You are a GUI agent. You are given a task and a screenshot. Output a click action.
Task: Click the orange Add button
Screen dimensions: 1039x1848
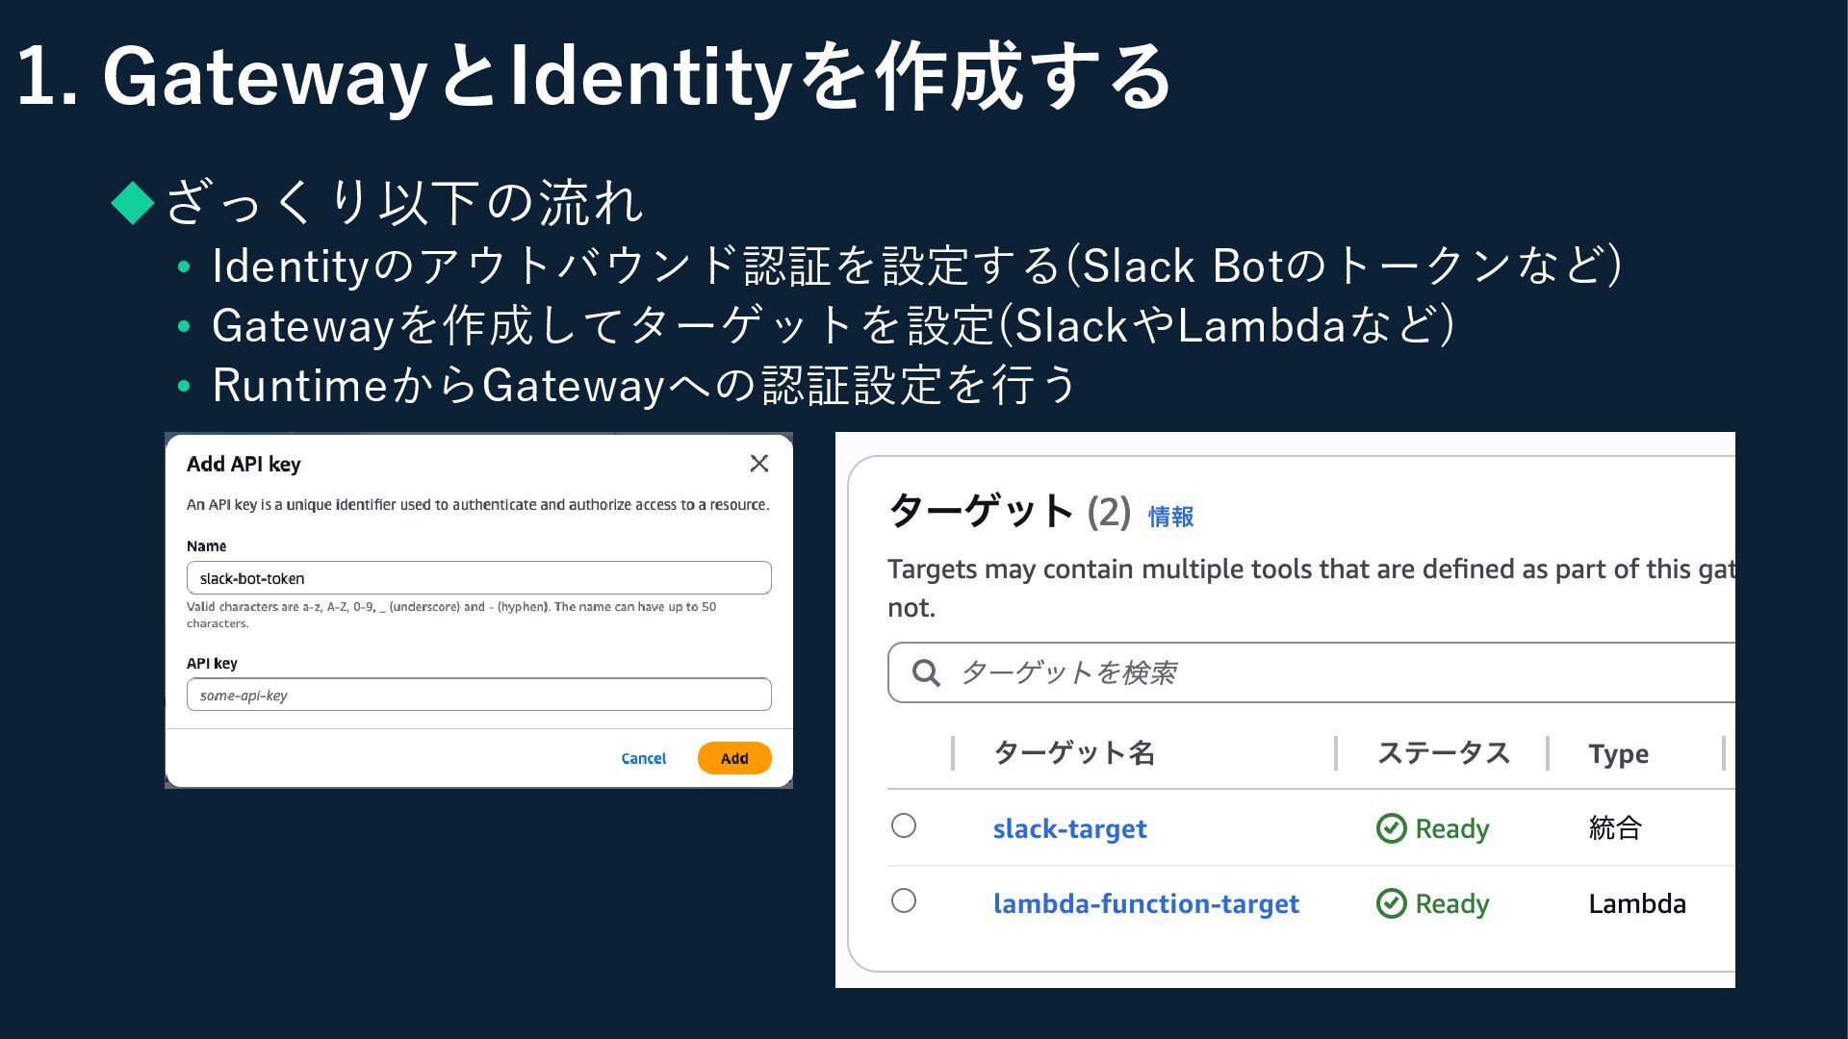point(733,758)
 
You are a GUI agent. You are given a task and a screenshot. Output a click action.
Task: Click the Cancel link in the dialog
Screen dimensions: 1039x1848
point(643,758)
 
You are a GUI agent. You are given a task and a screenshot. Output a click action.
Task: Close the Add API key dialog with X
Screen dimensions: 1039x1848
point(758,464)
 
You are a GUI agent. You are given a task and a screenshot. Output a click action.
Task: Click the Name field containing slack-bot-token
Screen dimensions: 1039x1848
point(478,578)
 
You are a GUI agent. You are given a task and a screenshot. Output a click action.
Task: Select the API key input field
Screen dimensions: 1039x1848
point(478,695)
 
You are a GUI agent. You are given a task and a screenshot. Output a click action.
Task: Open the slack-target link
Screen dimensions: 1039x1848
point(1069,828)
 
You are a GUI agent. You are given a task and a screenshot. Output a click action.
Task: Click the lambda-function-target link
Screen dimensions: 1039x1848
point(1145,903)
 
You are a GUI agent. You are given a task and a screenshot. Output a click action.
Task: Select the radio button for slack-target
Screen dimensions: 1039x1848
point(904,825)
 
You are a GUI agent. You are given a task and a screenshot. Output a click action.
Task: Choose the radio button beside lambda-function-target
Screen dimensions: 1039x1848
point(904,900)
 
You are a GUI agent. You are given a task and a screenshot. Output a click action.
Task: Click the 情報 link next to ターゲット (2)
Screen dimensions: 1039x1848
point(1170,517)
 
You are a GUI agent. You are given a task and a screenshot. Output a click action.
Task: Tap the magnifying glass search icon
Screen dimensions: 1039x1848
point(926,672)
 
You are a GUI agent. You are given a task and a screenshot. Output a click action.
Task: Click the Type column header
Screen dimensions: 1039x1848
point(1618,753)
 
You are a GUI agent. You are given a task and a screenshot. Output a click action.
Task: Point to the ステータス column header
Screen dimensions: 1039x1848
point(1443,753)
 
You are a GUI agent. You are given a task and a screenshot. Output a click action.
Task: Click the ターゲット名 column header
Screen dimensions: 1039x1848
point(1073,753)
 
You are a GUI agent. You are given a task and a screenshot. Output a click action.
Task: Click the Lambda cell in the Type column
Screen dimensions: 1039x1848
point(1636,903)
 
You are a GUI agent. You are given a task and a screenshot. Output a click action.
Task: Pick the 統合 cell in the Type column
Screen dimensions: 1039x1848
point(1615,827)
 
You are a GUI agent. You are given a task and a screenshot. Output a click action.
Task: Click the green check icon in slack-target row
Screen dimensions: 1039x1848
point(1391,828)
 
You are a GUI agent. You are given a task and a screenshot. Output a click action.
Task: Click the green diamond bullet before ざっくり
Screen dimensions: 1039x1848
point(133,203)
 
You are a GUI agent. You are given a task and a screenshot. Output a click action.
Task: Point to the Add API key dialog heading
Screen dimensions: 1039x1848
point(244,464)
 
